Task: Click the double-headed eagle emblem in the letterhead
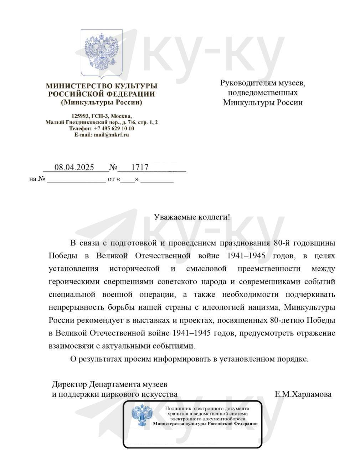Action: pos(102,53)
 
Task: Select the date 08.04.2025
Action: pos(74,167)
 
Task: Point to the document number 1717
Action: pos(139,167)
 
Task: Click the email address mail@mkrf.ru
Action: pos(111,135)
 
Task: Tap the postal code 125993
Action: pos(80,116)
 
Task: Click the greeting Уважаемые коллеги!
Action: pos(192,217)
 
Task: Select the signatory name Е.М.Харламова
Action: pos(303,394)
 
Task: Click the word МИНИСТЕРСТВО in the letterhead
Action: pos(78,86)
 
